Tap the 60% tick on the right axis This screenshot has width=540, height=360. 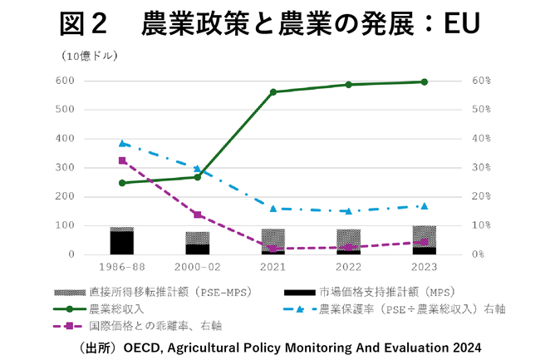(x=483, y=81)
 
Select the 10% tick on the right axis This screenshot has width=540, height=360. (x=483, y=225)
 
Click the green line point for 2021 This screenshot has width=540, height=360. (x=273, y=91)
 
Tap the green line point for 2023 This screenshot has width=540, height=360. (x=424, y=81)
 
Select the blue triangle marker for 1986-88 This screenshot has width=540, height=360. (x=122, y=143)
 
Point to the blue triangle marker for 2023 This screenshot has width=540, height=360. (x=424, y=205)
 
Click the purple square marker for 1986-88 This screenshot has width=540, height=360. (x=122, y=160)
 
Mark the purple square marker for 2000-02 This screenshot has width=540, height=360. (x=197, y=215)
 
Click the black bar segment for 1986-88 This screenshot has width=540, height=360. (x=122, y=243)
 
